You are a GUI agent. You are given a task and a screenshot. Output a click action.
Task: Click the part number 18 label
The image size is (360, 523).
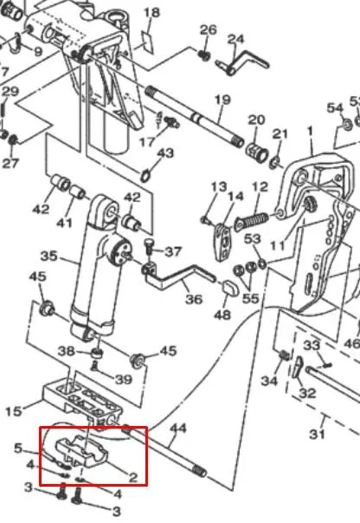point(151,13)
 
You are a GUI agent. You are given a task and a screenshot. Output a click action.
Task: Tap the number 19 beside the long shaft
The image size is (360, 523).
point(222,100)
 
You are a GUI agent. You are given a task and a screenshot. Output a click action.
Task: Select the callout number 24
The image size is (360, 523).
point(236,39)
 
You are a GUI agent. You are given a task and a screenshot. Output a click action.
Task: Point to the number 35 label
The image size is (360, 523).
point(49,256)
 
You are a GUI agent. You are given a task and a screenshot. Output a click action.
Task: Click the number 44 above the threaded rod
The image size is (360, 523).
point(178,429)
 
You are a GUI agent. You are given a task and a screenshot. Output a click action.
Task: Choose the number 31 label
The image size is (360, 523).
point(317,434)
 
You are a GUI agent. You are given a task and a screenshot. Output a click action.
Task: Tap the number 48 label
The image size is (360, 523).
point(222,314)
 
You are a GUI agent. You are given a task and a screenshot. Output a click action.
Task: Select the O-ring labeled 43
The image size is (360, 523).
point(145,175)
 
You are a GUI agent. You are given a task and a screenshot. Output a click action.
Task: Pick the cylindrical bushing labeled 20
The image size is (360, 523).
point(257,152)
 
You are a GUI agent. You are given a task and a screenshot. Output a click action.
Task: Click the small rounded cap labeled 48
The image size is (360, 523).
point(229,287)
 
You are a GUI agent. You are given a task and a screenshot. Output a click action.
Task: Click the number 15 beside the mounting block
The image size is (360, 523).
point(13,411)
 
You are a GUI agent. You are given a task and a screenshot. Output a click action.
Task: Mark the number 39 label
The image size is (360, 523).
point(124,379)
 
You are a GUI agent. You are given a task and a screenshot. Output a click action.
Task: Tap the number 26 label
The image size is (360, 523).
point(209,29)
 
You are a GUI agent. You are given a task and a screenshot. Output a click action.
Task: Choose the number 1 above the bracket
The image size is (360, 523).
point(311,131)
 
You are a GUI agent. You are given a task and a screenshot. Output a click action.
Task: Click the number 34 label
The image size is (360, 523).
point(269,381)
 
